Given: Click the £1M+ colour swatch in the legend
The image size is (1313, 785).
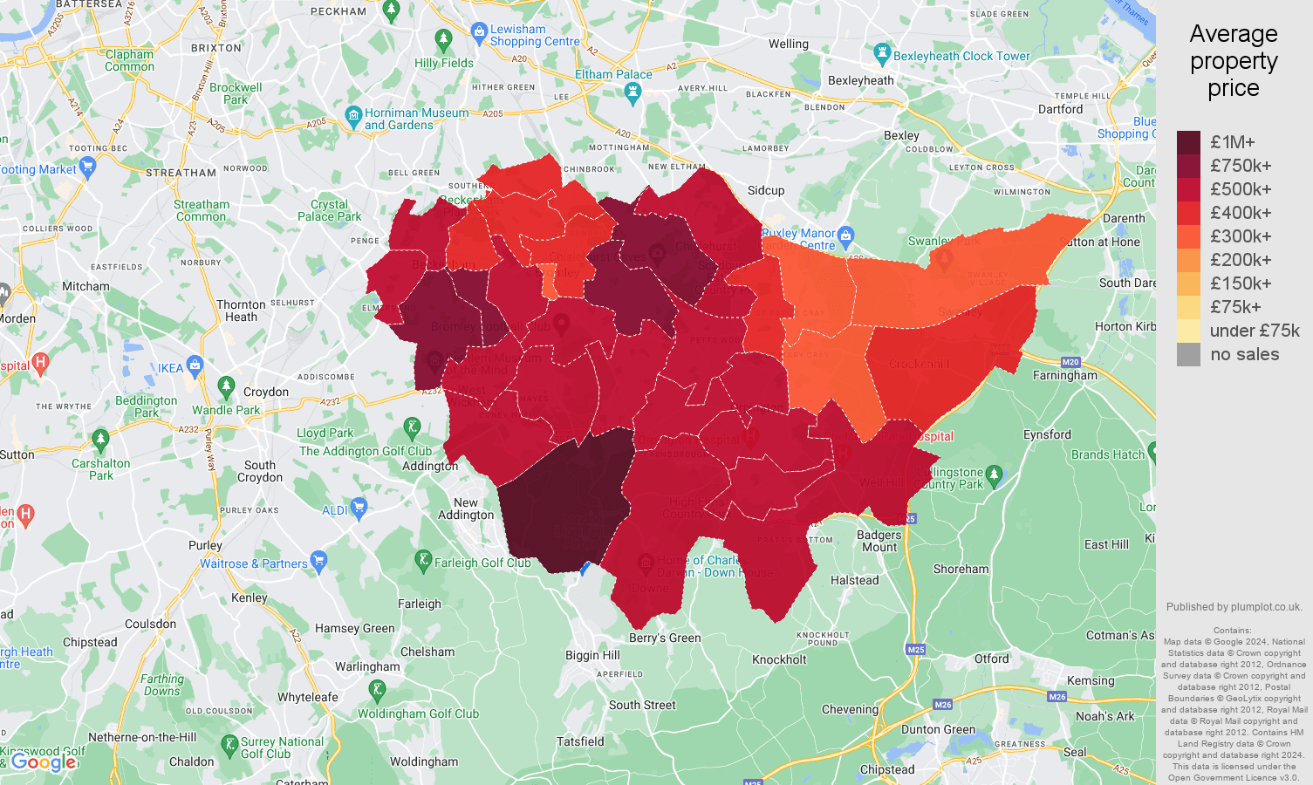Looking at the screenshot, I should tap(1188, 142).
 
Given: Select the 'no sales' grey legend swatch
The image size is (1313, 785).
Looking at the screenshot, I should tap(1188, 354).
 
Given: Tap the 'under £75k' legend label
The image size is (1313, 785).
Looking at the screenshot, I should tap(1254, 331).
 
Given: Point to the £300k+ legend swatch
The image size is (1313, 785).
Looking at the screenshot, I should tap(1188, 236).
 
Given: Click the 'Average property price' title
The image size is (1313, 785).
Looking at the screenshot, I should tap(1233, 61).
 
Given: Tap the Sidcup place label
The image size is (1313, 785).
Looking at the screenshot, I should tap(765, 190).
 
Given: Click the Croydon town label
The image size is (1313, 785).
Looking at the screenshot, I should tap(266, 392).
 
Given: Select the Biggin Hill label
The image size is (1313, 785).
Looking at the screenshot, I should tap(592, 655).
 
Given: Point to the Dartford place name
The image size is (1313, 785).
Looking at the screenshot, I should tap(1060, 109).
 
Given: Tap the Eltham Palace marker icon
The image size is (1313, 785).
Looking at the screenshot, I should tap(634, 93).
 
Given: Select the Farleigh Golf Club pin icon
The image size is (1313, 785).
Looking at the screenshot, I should tap(423, 560).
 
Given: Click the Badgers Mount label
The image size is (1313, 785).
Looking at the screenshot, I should tap(879, 541).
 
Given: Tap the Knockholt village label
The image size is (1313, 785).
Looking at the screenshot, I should tap(779, 659).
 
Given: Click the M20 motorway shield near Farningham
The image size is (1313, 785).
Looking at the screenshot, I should tap(1070, 362).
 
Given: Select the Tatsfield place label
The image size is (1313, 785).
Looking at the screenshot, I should tap(580, 741).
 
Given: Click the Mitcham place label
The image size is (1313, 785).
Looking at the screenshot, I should tap(85, 286).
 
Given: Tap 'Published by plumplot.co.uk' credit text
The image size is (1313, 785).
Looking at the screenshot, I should tap(1234, 607).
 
